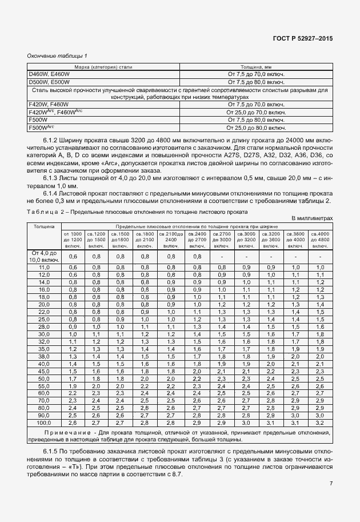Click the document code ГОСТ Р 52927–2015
pyautogui.click(x=303, y=38)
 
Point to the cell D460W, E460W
pyautogui.click(x=49, y=74)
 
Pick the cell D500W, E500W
pyautogui.click(x=49, y=82)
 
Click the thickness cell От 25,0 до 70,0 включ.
pyautogui.click(x=256, y=113)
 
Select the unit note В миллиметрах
pyautogui.click(x=312, y=219)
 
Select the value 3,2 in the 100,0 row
pyautogui.click(x=320, y=423)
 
